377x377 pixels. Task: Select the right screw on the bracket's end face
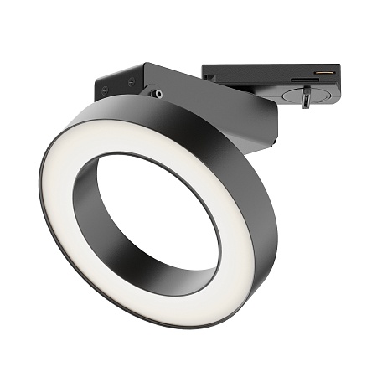(x=132, y=81)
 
